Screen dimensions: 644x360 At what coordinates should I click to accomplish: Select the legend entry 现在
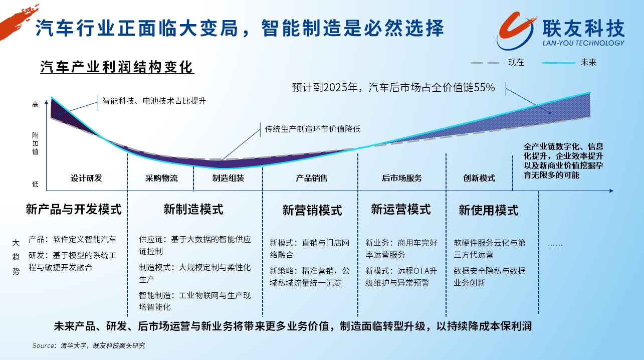click(516, 62)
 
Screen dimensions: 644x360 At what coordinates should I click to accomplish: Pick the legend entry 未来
click(588, 62)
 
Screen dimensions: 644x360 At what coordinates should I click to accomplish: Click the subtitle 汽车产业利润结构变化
click(117, 67)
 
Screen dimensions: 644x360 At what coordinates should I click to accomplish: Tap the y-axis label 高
click(35, 104)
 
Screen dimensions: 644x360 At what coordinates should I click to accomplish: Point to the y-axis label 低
click(35, 184)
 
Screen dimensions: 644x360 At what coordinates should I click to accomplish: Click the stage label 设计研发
click(86, 178)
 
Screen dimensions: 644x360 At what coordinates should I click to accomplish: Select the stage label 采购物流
click(161, 178)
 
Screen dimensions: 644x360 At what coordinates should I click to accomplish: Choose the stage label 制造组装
click(228, 178)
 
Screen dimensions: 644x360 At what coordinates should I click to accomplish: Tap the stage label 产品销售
click(312, 178)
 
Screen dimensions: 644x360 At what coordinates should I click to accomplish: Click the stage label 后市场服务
click(401, 178)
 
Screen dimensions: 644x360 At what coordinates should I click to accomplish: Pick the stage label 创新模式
click(479, 178)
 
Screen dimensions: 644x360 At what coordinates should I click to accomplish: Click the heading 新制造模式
click(193, 209)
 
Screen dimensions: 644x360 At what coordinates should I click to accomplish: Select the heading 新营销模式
click(312, 210)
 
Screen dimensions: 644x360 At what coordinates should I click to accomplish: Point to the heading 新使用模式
click(489, 210)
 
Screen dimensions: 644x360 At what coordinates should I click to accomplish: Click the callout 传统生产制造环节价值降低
click(313, 129)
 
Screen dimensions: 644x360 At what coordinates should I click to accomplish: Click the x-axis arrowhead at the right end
click(611, 191)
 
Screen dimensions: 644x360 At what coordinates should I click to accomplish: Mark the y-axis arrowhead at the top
click(46, 102)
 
